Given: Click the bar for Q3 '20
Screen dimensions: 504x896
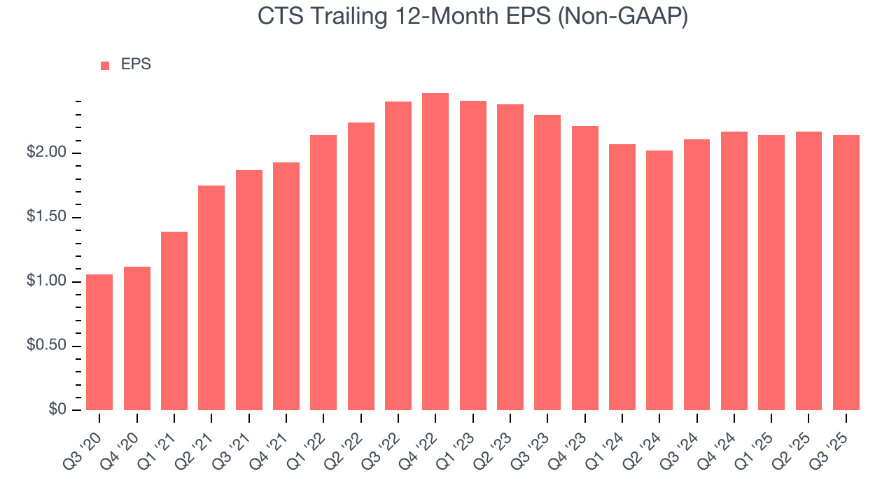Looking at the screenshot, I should (x=99, y=342).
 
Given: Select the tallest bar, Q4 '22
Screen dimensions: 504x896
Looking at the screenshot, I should (x=435, y=251).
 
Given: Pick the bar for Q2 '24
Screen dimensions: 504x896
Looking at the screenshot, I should (x=659, y=280).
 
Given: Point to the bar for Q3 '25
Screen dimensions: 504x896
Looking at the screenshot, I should (x=846, y=272).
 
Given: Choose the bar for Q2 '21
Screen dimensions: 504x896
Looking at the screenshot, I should (x=211, y=297).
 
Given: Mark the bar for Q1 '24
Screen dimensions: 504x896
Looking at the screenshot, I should (x=622, y=277).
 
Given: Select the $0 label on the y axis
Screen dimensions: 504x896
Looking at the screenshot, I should (x=57, y=410).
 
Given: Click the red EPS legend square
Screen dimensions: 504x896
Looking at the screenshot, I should (x=105, y=65).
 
